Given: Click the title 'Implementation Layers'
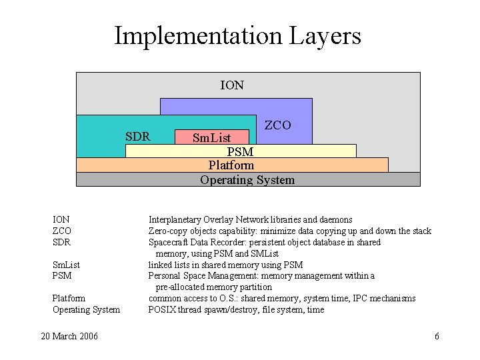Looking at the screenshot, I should [237, 35].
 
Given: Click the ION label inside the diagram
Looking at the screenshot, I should [232, 85].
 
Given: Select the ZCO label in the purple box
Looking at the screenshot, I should [278, 125].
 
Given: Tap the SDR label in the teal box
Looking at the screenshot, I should [137, 137].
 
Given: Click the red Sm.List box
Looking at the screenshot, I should [211, 137].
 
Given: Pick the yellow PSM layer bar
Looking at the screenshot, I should [240, 151].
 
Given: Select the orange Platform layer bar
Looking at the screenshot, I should [231, 165].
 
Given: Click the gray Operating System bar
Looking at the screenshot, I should [247, 179].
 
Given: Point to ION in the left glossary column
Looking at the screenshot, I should [61, 219].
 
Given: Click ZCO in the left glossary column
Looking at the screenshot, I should [62, 231].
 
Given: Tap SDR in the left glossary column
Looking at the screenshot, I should [61, 242].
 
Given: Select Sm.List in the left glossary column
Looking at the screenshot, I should [66, 265].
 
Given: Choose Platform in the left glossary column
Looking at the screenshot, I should [69, 298].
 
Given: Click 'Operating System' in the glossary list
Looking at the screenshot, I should [86, 309].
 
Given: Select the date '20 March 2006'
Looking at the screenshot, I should [69, 336].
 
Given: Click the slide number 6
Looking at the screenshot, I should [437, 336].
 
